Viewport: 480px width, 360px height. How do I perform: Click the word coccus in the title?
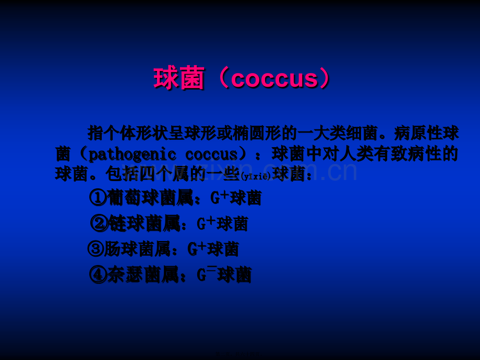[274, 79]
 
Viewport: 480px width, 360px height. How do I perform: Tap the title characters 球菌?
[179, 79]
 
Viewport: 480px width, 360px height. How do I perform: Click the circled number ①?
[98, 198]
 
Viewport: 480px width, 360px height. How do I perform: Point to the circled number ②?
[99, 223]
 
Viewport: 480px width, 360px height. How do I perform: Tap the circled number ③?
[95, 249]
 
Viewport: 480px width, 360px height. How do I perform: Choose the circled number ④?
[98, 274]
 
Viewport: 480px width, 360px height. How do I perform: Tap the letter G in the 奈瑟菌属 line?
[201, 275]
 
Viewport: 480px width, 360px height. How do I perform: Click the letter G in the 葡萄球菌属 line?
[215, 198]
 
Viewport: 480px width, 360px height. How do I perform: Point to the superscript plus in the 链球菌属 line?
[211, 220]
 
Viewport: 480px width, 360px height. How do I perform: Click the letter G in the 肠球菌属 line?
[192, 249]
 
